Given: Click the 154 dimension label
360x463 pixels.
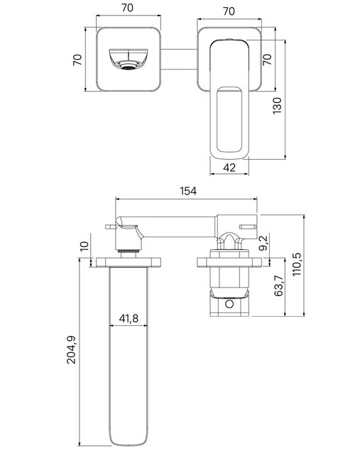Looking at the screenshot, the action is coord(188,191).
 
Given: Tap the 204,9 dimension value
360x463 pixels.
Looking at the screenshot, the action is coord(71,350).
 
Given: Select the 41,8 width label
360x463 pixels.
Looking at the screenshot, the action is coord(129,318).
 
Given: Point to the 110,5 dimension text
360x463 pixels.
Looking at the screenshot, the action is coord(296,264).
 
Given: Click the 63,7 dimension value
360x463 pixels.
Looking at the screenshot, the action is coord(278,285).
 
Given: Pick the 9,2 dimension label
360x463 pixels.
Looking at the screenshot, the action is coord(263,242).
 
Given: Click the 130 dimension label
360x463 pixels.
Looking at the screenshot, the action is coord(277,106).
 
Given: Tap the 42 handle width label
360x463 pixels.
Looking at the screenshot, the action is coord(229,168).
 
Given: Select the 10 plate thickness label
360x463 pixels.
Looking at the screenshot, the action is coord(84,246).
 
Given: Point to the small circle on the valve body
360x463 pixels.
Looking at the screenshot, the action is coord(229,304).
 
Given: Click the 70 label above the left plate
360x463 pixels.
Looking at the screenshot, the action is coord(127,8).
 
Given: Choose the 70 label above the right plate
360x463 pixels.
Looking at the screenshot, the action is coord(229,11).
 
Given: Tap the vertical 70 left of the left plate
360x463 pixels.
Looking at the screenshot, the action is coord(77,60).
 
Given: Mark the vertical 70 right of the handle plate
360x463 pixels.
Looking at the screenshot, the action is coord(267,60).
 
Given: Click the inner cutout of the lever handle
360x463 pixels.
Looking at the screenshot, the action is coord(229,119).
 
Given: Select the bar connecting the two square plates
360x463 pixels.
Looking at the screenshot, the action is coord(179,60).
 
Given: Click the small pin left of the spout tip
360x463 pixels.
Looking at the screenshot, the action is coord(110,227).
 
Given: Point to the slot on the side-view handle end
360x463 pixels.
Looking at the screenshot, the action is coord(248,227).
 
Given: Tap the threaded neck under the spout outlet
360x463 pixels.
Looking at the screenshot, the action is coord(129,251).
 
